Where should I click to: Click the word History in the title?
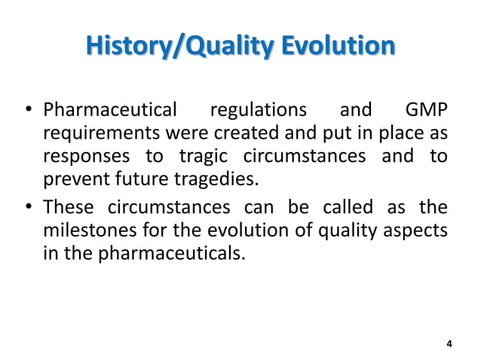tap(126, 47)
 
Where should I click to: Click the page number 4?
tap(449, 344)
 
